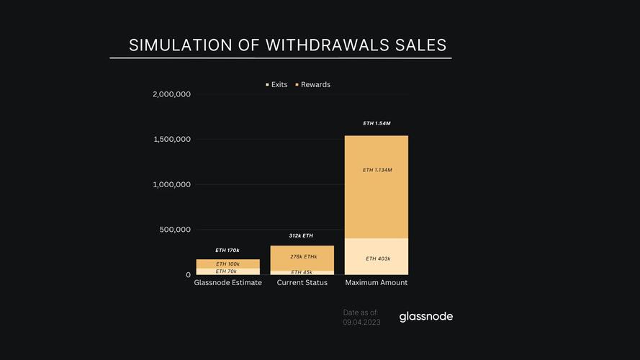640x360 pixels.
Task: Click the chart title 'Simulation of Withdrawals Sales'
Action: [287, 45]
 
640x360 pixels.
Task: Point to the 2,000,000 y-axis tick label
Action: [171, 94]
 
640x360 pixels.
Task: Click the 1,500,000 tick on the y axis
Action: [171, 140]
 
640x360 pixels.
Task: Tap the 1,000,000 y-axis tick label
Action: [171, 184]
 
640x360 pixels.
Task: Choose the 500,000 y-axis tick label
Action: [175, 230]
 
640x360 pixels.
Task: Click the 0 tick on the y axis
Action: [188, 275]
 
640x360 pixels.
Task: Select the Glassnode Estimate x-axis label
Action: [227, 283]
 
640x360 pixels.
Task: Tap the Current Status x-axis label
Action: [302, 283]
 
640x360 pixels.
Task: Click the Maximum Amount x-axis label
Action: [377, 283]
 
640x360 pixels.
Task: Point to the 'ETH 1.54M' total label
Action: [377, 124]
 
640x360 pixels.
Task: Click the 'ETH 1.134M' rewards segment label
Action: [377, 170]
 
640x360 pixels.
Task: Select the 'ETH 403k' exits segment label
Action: [378, 258]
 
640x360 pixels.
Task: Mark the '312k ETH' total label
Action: [301, 235]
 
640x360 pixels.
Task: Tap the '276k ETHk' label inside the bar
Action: [303, 257]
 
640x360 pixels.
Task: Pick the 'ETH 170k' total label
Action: [227, 250]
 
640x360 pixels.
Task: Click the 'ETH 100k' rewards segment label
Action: [227, 264]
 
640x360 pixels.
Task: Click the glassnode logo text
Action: [426, 317]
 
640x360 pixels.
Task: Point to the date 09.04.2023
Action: [361, 322]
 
